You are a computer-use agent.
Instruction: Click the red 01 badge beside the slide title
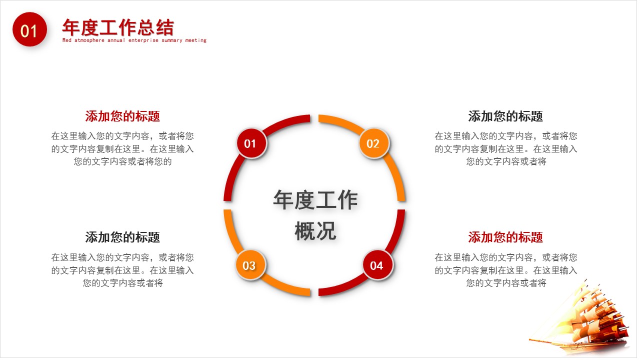(x=29, y=30)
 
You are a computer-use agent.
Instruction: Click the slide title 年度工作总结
(x=118, y=27)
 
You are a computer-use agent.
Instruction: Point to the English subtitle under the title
(x=134, y=40)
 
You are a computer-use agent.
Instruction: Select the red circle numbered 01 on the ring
(x=250, y=144)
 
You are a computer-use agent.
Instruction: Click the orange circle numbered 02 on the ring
(x=373, y=144)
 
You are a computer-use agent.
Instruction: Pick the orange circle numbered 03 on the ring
(x=249, y=265)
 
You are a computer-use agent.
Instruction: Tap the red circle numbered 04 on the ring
(x=376, y=265)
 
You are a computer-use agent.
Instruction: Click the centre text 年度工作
(x=315, y=200)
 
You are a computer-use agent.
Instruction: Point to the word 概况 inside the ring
(x=315, y=231)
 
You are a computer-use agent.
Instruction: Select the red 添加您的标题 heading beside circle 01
(x=122, y=116)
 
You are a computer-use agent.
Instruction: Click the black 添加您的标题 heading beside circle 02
(x=505, y=116)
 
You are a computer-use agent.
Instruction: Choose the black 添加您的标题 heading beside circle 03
(x=122, y=237)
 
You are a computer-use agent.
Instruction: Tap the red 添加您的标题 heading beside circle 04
(x=505, y=237)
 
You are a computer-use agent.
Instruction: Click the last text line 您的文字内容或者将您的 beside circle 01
(x=122, y=161)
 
